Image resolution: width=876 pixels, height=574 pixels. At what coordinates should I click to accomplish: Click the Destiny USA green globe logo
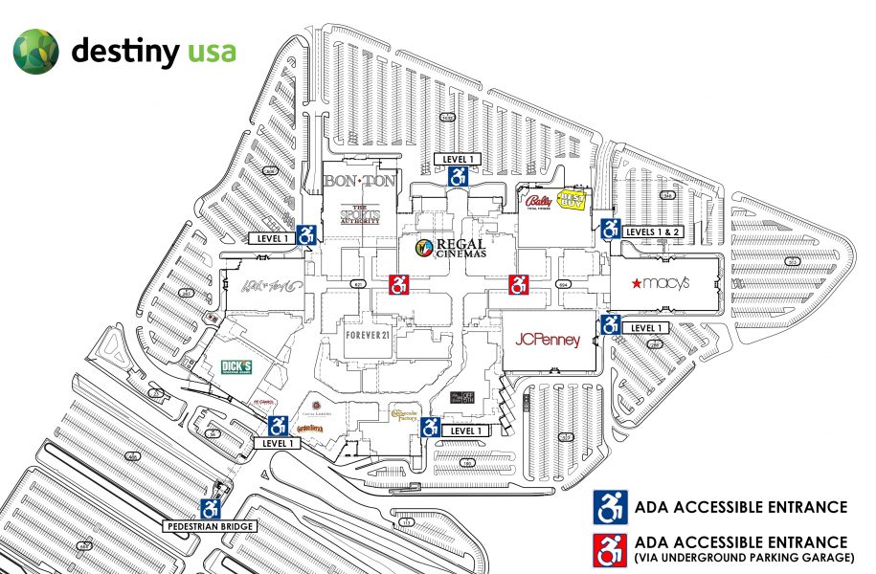tap(35, 51)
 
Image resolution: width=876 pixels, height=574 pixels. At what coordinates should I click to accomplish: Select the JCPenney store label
tap(548, 340)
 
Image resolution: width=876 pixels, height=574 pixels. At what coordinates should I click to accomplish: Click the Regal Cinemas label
tap(451, 248)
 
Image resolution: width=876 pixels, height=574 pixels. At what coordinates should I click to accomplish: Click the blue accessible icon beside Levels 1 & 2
tap(610, 230)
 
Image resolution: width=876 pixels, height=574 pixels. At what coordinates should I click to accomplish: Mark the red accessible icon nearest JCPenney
tap(518, 284)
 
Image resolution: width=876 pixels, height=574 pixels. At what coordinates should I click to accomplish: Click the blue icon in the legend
tap(607, 507)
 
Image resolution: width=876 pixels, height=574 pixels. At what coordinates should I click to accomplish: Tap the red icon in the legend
tap(607, 547)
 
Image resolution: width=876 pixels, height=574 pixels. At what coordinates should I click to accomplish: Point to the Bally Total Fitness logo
tap(537, 202)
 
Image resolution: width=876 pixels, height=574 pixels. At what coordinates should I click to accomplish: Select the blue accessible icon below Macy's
tap(609, 324)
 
